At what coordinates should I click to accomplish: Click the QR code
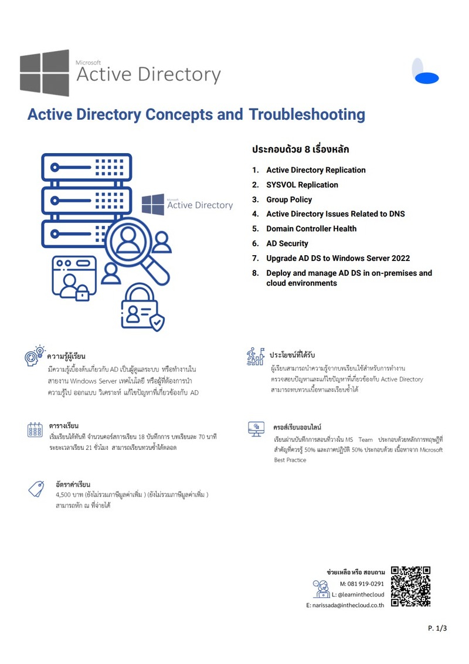coord(410,586)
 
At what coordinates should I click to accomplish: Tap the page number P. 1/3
coord(437,628)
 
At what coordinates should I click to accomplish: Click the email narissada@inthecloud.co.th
coord(345,605)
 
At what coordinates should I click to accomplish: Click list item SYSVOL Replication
coord(302,185)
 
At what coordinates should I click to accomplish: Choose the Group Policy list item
coord(289,199)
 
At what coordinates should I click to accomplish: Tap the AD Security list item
coord(287,243)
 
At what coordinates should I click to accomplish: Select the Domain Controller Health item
coord(311,229)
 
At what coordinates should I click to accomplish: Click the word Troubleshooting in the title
coord(307,114)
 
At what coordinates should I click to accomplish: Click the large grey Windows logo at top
coord(45,73)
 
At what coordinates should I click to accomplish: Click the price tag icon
coord(36,488)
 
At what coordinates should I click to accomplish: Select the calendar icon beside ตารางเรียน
coord(35,430)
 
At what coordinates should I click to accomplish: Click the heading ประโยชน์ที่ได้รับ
coord(292,355)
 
